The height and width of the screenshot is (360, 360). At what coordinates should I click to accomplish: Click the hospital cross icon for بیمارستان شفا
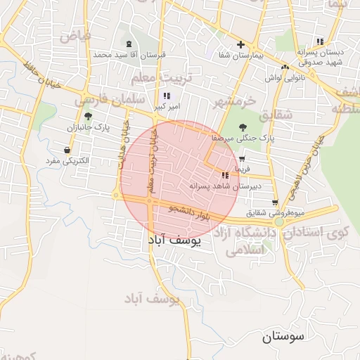[240, 44]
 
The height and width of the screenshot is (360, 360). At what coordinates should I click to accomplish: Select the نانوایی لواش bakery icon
[285, 67]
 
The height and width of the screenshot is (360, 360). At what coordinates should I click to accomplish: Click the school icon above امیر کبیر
[167, 96]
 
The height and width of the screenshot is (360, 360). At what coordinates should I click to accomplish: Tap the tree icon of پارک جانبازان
[88, 117]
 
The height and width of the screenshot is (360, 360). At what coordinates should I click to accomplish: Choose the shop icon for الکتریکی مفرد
[67, 150]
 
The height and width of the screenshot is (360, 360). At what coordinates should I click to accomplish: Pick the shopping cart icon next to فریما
[241, 159]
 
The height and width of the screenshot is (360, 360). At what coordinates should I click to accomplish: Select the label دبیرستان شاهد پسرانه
[225, 186]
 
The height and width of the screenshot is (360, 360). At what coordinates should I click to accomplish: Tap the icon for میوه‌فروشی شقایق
[274, 202]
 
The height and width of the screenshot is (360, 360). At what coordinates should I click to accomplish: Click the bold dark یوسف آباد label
[174, 240]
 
